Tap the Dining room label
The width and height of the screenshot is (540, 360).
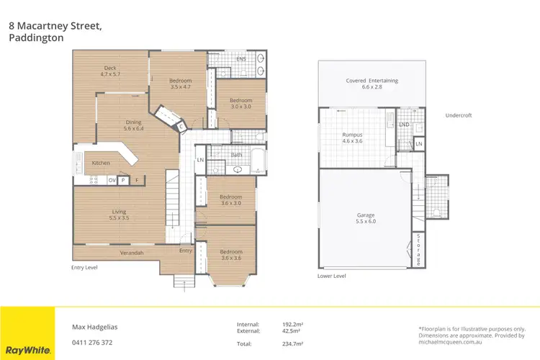(134, 126)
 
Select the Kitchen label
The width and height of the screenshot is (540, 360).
(101, 163)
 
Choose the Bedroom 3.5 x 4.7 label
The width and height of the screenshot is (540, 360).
(179, 84)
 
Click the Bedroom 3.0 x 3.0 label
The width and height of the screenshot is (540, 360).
(240, 103)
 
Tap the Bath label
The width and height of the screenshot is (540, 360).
(236, 155)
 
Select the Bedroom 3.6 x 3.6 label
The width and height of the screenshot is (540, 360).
(230, 254)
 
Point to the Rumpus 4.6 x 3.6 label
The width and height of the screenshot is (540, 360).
(352, 138)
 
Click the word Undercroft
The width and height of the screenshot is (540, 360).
(458, 115)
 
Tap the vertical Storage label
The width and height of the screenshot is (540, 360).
(417, 249)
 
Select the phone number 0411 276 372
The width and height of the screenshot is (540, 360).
(92, 342)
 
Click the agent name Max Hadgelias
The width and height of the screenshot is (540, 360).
(94, 326)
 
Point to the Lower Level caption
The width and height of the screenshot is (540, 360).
(331, 276)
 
